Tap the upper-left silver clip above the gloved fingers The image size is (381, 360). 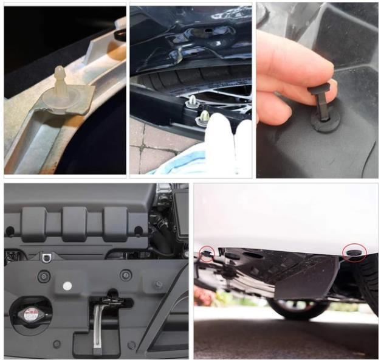pos(192,101)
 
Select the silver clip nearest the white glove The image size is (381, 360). pos(204,116)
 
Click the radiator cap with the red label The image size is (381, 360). pos(29,316)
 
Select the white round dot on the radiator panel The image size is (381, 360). pos(67,285)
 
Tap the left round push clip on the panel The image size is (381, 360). pos(43,276)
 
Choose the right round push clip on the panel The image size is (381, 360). pos(126,275)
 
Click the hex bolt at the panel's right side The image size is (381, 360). pos(159,284)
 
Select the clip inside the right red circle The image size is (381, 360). pos(354,251)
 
